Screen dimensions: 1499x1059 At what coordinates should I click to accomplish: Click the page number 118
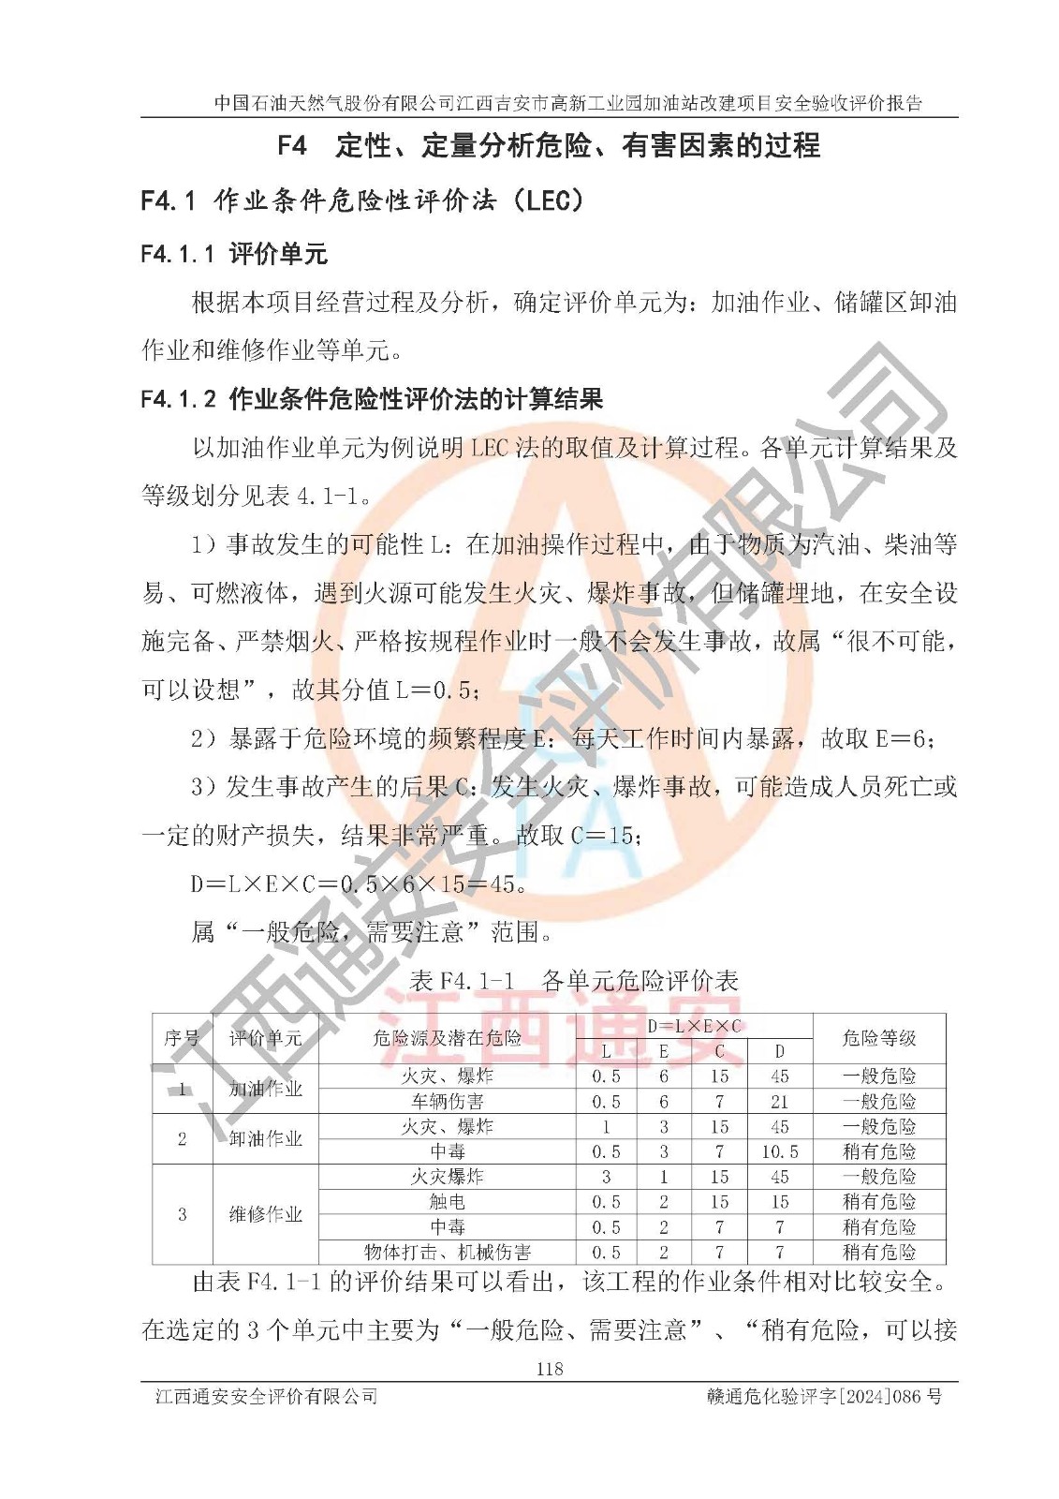pos(550,1369)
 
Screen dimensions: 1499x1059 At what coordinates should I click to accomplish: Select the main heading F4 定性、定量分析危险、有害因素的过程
pos(549,145)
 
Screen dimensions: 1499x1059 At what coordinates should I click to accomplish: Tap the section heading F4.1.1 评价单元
pos(234,254)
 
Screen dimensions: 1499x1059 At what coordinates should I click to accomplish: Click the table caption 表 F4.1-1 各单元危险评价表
pos(575,981)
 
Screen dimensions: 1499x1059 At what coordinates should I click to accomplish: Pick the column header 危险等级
pos(878,1038)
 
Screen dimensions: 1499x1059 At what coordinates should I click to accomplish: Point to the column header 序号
pos(182,1038)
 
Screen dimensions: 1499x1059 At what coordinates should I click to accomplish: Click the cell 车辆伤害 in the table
pos(448,1102)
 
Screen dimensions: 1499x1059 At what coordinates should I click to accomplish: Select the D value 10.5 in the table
pos(779,1152)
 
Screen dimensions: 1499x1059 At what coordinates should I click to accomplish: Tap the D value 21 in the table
pos(779,1102)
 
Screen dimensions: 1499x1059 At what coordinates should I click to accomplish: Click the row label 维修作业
pos(266,1215)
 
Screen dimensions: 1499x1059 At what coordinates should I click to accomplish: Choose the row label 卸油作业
pos(266,1139)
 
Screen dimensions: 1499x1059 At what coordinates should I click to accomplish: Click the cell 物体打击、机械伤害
pos(448,1253)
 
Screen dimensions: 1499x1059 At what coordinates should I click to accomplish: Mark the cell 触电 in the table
pos(448,1202)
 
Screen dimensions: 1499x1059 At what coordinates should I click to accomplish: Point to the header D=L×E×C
pos(694,1026)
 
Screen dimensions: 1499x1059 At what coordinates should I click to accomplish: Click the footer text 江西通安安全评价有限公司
pos(267,1397)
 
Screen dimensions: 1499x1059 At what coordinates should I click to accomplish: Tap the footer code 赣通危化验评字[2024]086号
pos(824,1397)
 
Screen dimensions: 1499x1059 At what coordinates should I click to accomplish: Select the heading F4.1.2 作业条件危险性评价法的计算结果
pos(372,399)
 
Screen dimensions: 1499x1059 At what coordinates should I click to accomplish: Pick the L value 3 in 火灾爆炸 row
pos(606,1177)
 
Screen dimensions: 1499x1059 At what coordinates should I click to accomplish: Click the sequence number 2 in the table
pos(182,1139)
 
